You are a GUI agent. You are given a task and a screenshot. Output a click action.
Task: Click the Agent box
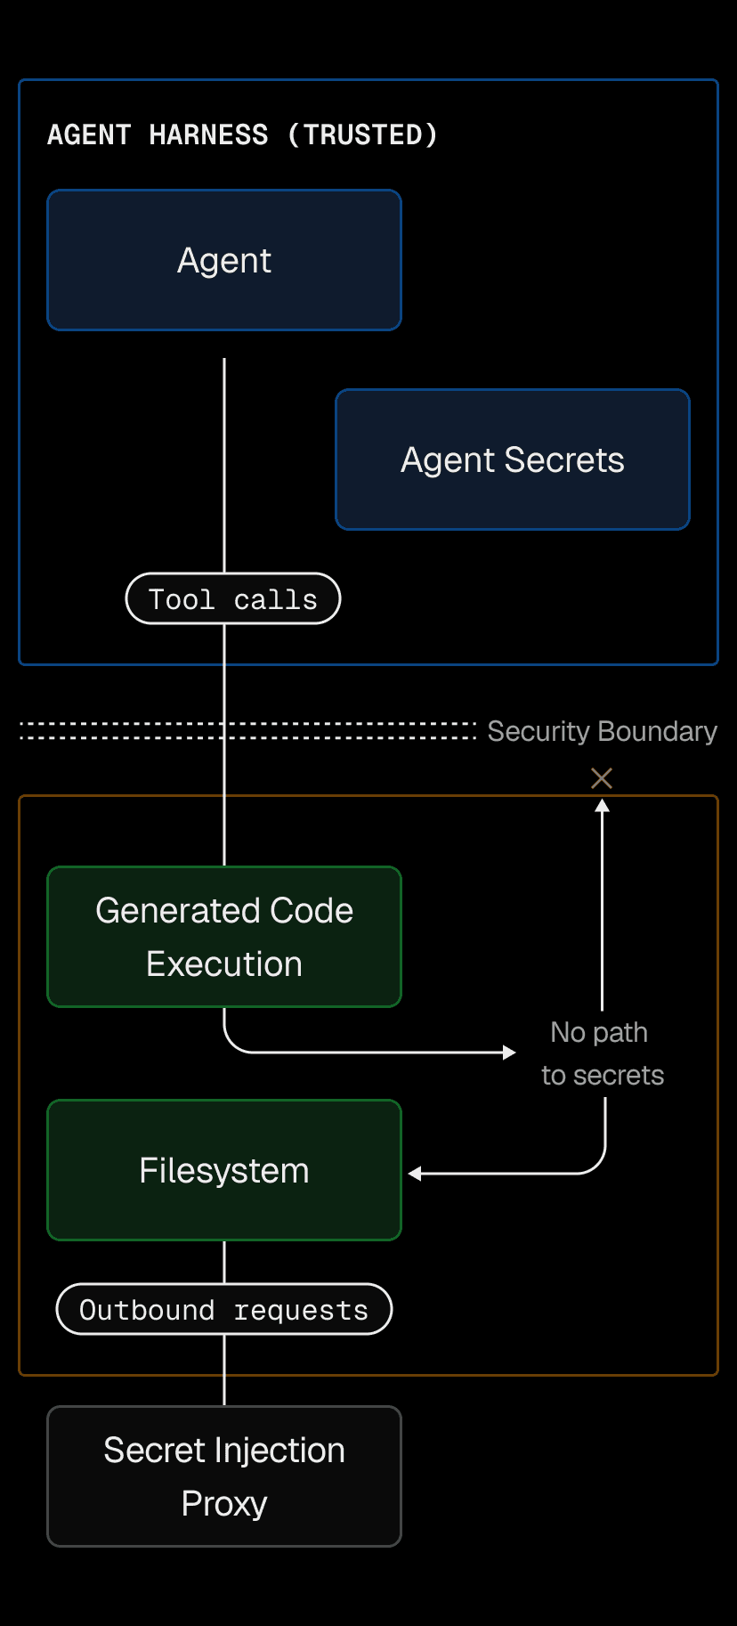(x=224, y=260)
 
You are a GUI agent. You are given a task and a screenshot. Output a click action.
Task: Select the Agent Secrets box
(x=513, y=459)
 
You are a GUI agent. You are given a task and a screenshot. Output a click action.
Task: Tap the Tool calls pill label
(x=233, y=599)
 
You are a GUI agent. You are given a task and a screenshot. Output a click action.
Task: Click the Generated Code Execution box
(x=224, y=937)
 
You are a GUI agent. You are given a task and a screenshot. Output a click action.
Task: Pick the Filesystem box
(x=224, y=1170)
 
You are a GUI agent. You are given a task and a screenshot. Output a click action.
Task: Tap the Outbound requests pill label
(x=224, y=1310)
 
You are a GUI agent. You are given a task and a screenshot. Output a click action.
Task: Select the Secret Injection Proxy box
(x=224, y=1476)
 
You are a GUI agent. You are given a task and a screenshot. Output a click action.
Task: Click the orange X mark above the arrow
(x=602, y=778)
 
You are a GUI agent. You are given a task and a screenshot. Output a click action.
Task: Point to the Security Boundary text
(x=602, y=731)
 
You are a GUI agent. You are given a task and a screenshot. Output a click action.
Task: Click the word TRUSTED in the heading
(x=362, y=134)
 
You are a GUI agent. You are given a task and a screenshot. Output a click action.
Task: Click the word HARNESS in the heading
(x=208, y=134)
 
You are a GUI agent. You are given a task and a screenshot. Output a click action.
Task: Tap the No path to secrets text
(x=602, y=1053)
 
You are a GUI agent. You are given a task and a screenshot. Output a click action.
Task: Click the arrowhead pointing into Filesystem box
(x=415, y=1174)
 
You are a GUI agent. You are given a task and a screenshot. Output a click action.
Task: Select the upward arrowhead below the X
(x=603, y=806)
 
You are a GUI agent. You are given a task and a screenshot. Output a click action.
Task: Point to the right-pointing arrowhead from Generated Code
(x=509, y=1053)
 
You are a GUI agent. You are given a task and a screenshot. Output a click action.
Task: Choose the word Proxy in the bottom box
(x=224, y=1504)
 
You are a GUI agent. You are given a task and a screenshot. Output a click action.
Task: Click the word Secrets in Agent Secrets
(x=564, y=460)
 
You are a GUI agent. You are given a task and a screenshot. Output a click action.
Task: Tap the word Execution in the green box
(x=224, y=964)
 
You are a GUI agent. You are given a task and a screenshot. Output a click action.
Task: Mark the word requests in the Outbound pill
(x=301, y=1311)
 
